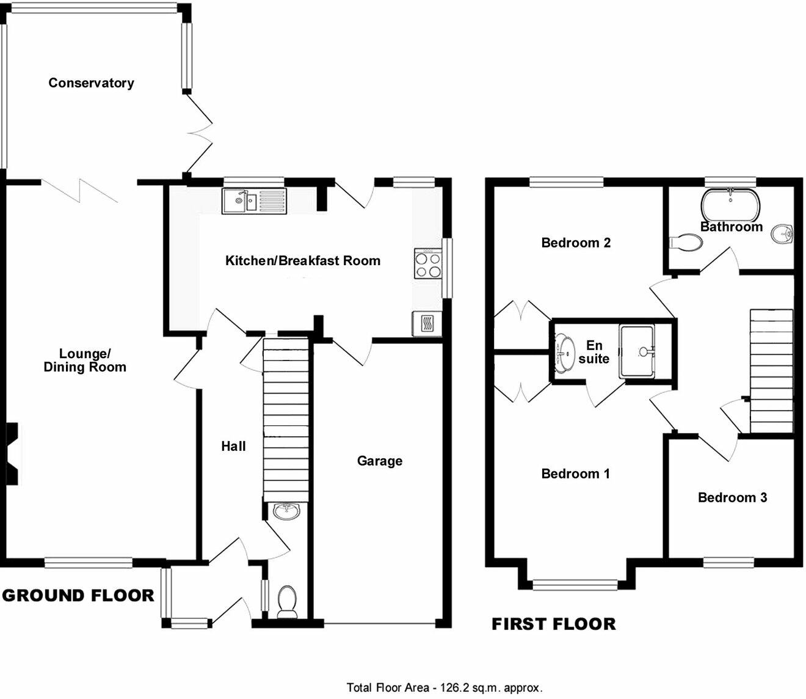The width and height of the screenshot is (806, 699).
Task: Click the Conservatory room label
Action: click(91, 83)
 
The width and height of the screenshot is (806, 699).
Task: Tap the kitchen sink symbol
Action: click(253, 200)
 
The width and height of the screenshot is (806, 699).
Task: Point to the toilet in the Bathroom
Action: click(686, 243)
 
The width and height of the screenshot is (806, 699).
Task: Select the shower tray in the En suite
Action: click(639, 351)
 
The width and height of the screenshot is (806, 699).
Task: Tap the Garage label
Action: click(379, 461)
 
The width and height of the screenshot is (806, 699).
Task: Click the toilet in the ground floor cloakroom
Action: click(286, 601)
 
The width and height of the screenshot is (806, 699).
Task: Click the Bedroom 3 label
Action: click(732, 497)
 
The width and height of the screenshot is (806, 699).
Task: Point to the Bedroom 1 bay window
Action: click(575, 585)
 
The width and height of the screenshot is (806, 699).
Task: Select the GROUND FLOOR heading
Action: click(78, 595)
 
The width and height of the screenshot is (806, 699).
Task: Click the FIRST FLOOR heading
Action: click(553, 624)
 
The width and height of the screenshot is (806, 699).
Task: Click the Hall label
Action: click(233, 447)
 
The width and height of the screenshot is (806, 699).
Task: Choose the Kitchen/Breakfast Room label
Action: click(303, 261)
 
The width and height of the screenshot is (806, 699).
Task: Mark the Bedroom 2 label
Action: click(576, 243)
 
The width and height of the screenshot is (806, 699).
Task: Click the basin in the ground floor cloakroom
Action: click(286, 510)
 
